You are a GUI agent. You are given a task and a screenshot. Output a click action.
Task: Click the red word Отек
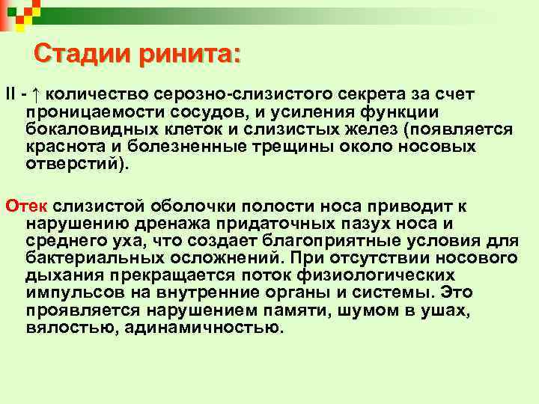click(25, 205)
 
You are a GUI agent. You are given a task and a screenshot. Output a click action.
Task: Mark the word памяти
click(297, 309)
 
